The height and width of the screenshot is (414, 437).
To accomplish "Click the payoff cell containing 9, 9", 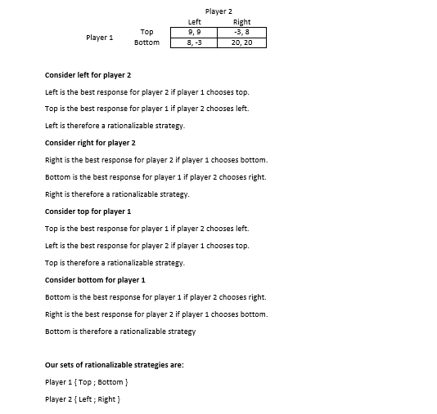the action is pos(194,32).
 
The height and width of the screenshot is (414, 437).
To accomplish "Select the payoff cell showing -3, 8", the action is pos(241,32).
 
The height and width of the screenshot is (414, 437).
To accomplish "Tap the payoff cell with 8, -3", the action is pos(194,42).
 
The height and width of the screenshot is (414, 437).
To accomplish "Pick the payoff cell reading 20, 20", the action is pos(241,42).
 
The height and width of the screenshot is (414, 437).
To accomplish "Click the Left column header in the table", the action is pos(194,22).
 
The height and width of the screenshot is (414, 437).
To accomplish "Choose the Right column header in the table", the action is pos(241,22).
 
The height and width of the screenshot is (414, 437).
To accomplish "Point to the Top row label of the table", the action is pos(146,32).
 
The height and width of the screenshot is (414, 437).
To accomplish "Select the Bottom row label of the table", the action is pos(146,42).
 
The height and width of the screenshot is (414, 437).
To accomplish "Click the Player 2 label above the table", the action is pos(218,11).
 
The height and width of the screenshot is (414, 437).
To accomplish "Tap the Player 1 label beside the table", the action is pos(99,38).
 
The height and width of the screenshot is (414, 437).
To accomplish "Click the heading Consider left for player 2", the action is pos(88,75).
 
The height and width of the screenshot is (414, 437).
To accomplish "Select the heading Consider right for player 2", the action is pos(90,143).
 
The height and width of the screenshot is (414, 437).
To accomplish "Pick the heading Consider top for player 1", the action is pos(88,211).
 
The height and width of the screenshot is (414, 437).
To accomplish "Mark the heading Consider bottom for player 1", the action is pos(94,280).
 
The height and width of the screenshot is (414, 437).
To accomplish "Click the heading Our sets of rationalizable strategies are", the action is pos(114,365).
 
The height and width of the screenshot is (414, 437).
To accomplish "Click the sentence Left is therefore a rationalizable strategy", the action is pos(115,126).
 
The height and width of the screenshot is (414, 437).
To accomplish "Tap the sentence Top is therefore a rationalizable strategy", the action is pos(115,263).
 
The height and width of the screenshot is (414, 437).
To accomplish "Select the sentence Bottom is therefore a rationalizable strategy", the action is pos(120,332).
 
